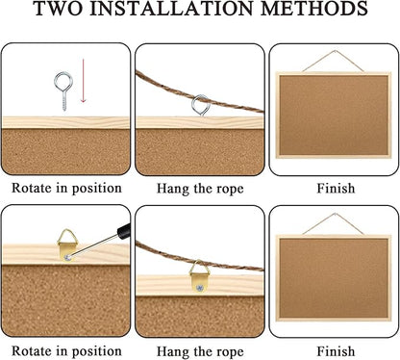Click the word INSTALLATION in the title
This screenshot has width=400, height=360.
170,13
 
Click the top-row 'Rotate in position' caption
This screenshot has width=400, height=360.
66,188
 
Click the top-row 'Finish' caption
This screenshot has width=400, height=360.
333,188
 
